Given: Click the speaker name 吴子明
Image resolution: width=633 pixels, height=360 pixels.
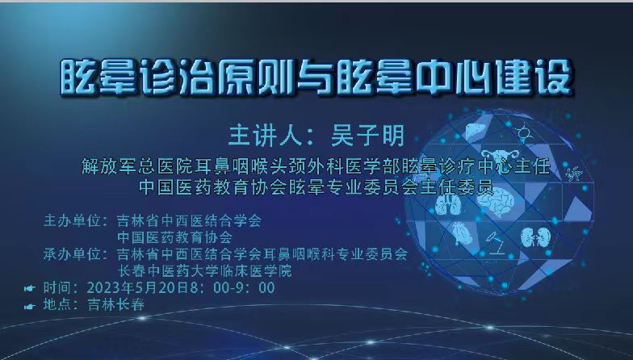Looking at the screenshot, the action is coord(367,136).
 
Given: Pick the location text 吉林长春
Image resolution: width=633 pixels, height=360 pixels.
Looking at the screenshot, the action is coord(116,304).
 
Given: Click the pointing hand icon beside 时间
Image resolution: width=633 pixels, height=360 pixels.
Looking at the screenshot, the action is coord(29,288).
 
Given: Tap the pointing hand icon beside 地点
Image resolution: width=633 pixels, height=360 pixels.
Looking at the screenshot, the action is coord(29,307).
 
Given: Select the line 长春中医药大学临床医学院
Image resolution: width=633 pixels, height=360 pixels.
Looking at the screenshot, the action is coord(204,271).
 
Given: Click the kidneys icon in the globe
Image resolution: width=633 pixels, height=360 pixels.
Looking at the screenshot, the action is coord(535,237).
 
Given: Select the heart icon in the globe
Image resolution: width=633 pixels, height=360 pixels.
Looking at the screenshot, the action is coord(461,234).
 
